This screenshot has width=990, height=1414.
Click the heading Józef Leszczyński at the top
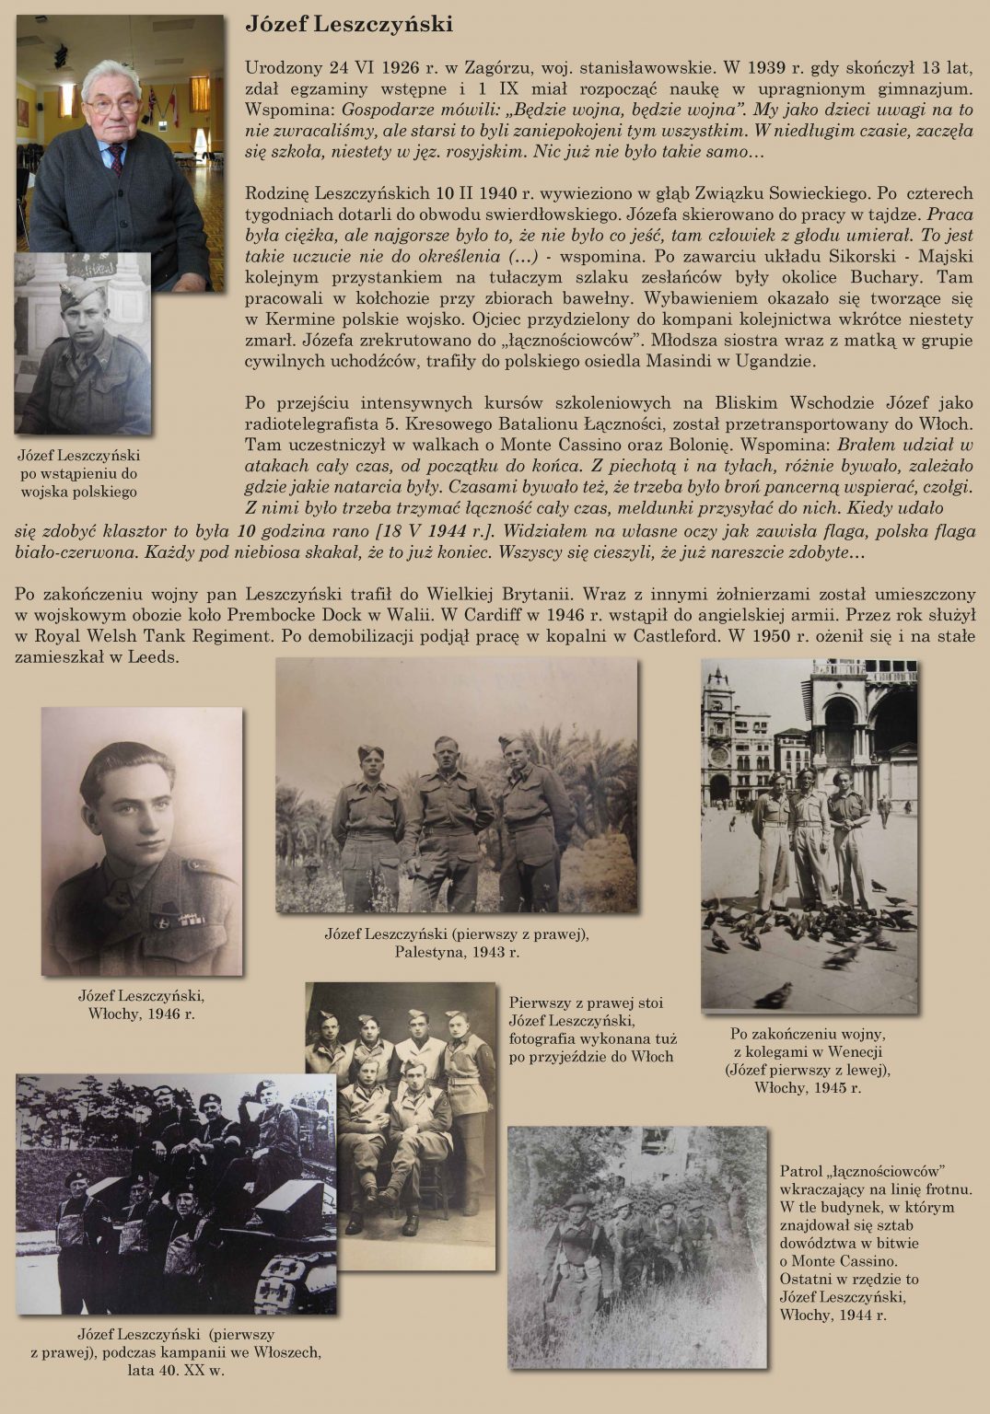(x=348, y=25)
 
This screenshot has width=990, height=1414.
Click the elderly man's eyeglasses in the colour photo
(x=113, y=104)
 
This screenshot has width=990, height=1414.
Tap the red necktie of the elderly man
(x=117, y=156)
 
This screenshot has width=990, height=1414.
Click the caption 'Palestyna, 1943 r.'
(x=457, y=952)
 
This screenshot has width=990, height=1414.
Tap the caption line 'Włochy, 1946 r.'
(x=141, y=1014)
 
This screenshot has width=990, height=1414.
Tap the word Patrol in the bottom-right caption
(x=800, y=1171)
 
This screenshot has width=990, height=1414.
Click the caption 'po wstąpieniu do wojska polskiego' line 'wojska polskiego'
(x=78, y=492)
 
